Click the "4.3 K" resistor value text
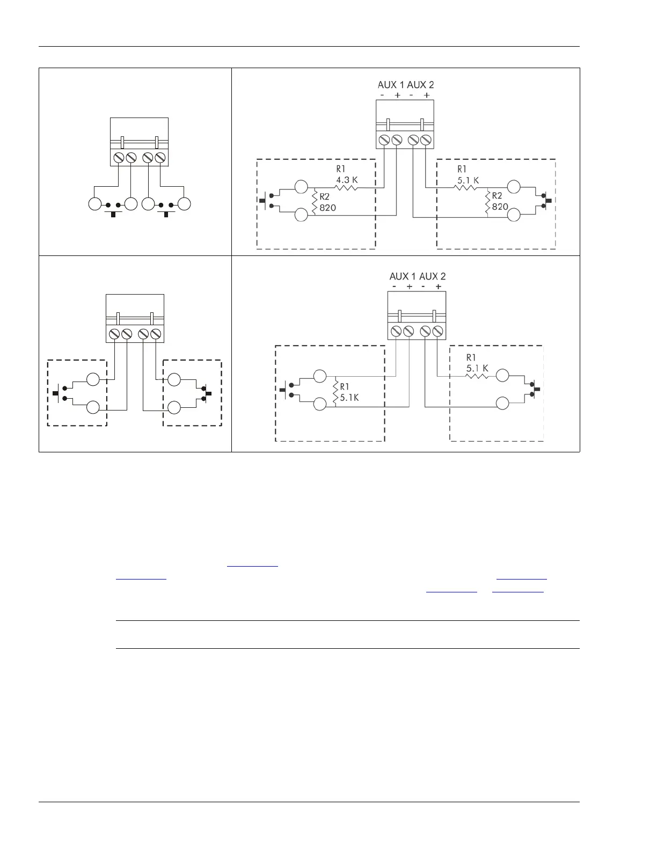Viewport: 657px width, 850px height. click(347, 180)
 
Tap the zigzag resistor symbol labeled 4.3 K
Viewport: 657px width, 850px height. click(347, 188)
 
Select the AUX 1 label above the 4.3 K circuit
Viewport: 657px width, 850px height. click(391, 85)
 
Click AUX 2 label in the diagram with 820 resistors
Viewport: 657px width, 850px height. click(421, 85)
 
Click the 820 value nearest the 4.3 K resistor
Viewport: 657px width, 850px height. click(327, 207)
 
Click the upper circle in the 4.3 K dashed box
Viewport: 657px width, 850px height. click(302, 187)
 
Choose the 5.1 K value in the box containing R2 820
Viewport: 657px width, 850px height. click(468, 180)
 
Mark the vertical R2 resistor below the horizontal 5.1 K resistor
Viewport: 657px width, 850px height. click(487, 202)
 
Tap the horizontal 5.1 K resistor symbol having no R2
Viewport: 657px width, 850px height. click(477, 376)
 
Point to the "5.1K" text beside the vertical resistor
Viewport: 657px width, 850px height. click(349, 398)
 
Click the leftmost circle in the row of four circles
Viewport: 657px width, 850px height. click(94, 204)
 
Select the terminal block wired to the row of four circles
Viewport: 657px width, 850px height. click(139, 142)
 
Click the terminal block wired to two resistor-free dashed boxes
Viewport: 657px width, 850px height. click(135, 318)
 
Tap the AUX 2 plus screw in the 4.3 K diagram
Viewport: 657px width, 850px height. click(426, 140)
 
